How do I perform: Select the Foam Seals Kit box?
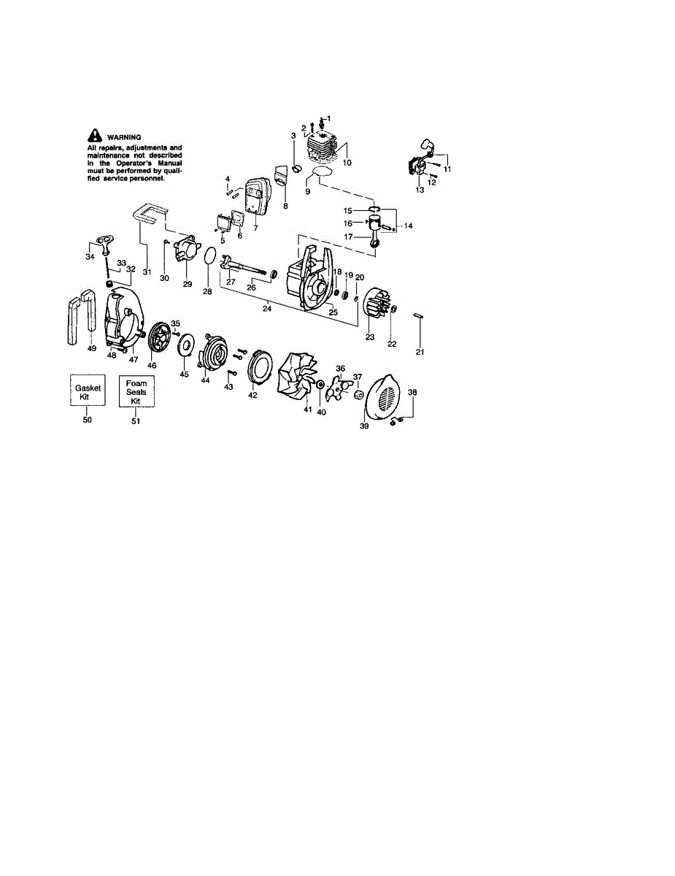(136, 392)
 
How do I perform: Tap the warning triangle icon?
(94, 136)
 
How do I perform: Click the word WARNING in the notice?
(124, 137)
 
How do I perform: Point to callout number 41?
(307, 410)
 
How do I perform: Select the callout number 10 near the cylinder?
(347, 162)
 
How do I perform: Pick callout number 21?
(419, 353)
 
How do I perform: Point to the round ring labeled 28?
(209, 257)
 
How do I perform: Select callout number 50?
(88, 420)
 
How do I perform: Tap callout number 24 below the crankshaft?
(267, 309)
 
